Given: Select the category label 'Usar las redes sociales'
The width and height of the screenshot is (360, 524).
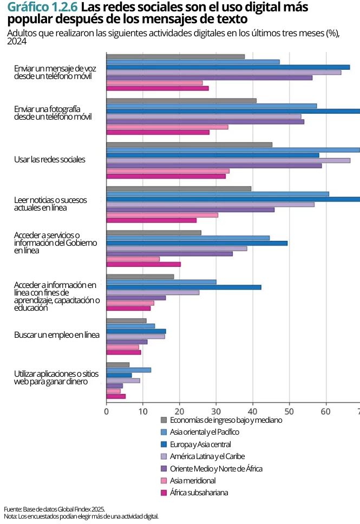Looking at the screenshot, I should click(x=50, y=160).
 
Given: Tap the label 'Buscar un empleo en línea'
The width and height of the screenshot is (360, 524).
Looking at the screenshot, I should click(x=57, y=335).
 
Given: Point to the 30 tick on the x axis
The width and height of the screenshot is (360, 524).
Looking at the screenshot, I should click(x=216, y=411).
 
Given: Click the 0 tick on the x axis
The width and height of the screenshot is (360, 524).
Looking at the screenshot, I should click(x=107, y=411).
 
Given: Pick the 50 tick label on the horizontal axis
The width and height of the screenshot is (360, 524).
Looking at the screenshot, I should click(x=289, y=411).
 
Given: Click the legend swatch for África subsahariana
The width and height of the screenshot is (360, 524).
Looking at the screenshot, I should click(x=165, y=493).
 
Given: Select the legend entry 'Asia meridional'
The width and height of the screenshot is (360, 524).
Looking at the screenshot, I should click(x=193, y=481).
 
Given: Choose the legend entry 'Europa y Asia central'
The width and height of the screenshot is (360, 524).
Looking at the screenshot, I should click(x=200, y=444).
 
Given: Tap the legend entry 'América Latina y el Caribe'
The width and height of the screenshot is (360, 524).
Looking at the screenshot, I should click(x=207, y=456).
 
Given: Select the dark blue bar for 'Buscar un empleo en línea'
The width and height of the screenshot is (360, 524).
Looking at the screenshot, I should click(x=136, y=331).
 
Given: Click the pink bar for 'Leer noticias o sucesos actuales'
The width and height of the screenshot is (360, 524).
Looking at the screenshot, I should click(x=162, y=215).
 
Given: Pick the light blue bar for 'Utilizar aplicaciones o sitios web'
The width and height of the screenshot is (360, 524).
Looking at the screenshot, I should click(x=129, y=370).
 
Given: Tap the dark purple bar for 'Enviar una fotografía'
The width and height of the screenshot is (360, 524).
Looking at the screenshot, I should click(x=205, y=122).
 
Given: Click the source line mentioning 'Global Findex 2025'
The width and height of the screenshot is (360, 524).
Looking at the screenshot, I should click(x=54, y=509).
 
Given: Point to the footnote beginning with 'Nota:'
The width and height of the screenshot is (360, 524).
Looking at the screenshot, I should click(x=81, y=516).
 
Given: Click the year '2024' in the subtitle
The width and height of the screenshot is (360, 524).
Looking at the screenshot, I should click(x=17, y=41).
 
